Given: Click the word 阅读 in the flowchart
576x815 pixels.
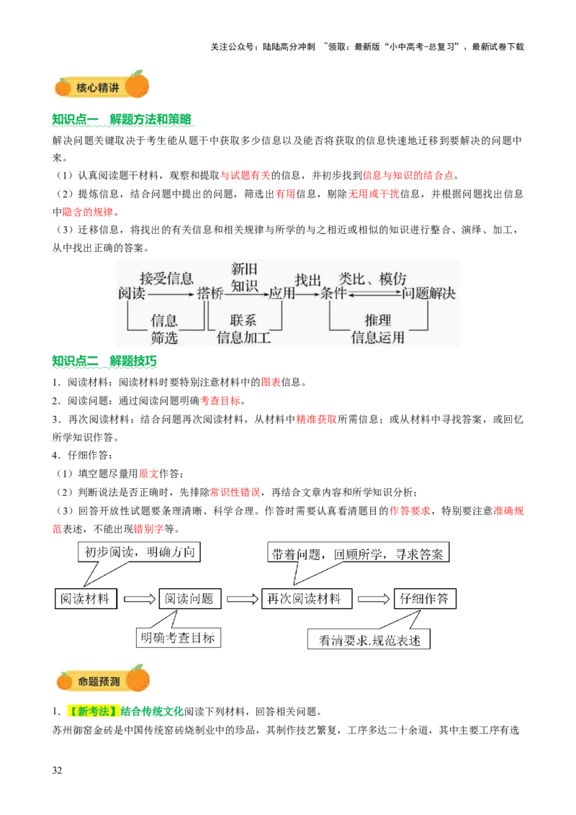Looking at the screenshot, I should (132, 294).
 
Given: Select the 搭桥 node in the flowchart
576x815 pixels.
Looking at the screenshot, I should (210, 294).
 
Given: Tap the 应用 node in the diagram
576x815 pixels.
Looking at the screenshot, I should (282, 294).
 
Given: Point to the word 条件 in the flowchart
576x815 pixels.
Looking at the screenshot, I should (333, 294).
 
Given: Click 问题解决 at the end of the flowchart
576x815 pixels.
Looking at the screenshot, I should (429, 294).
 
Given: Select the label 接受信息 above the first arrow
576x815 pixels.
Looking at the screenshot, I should (166, 279).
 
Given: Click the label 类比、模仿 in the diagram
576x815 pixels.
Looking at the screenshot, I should (373, 279).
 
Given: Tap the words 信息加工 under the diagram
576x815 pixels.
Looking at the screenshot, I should (244, 337).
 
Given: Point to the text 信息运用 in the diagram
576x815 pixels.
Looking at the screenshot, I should (377, 337).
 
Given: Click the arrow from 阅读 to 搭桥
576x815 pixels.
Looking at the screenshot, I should (171, 294).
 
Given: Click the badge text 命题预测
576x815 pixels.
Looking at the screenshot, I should (99, 680).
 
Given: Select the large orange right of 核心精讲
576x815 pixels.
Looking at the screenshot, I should (137, 84).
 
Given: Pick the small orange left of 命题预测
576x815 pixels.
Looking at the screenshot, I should (64, 680).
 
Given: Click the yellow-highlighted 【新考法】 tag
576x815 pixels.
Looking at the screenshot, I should (92, 711).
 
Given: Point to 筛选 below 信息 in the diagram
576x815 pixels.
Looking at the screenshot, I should (164, 337).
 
